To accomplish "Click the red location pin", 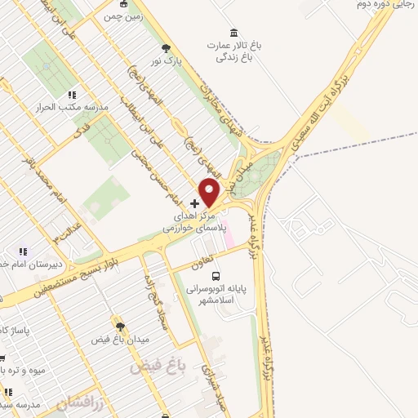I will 211,192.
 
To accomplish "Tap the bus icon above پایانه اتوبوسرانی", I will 216,276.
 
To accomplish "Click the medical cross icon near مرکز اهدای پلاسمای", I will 193,202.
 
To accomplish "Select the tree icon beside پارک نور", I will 167,48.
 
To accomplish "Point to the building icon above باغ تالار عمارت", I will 234,33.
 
